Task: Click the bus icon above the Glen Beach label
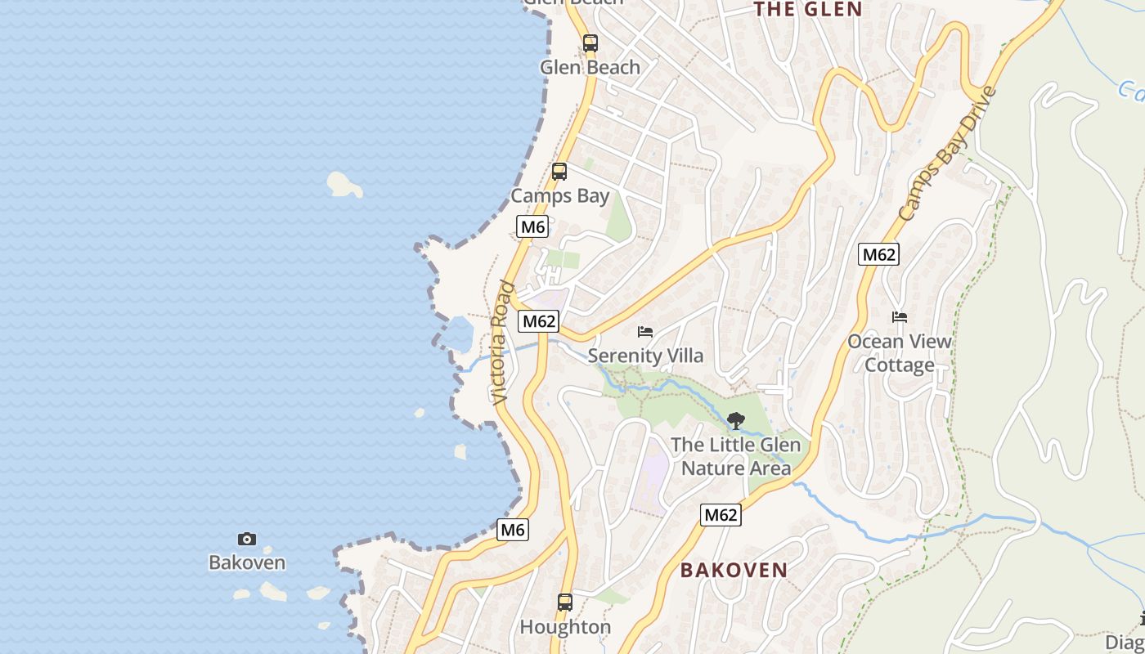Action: click(590, 43)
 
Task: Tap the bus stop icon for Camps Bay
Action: click(559, 172)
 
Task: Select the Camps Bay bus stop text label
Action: click(560, 196)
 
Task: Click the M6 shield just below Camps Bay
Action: click(532, 226)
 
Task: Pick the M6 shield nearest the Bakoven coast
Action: click(513, 530)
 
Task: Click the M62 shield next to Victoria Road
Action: click(539, 321)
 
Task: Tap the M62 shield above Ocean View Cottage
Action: click(879, 254)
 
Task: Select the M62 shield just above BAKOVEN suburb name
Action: click(721, 515)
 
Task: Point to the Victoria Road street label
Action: click(502, 343)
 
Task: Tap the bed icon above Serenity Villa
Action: click(645, 332)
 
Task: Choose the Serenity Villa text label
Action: click(645, 356)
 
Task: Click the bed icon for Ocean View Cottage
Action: click(900, 317)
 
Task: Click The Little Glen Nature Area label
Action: click(735, 456)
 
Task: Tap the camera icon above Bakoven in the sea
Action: click(247, 539)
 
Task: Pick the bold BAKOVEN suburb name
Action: click(734, 570)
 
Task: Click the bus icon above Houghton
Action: click(565, 602)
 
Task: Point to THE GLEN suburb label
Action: click(807, 10)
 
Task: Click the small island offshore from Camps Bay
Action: click(344, 184)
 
